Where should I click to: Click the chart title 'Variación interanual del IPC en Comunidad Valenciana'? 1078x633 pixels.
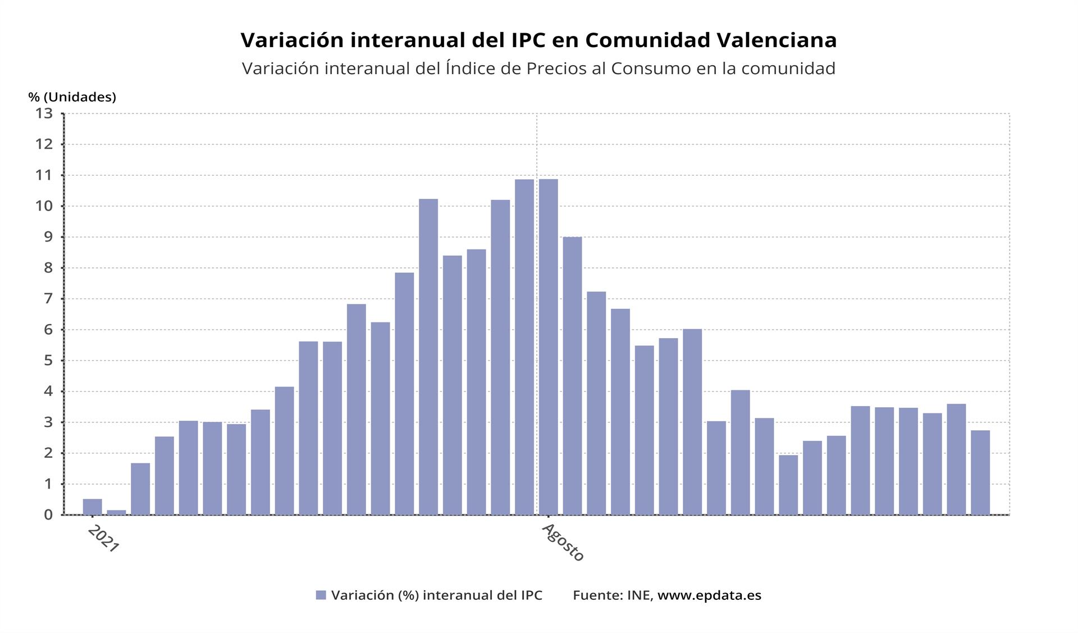pyautogui.click(x=538, y=40)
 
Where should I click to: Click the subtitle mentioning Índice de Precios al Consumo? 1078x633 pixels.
pyautogui.click(x=538, y=69)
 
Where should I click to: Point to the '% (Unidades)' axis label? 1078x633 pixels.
pyautogui.click(x=72, y=97)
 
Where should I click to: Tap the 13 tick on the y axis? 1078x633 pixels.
pyautogui.click(x=44, y=113)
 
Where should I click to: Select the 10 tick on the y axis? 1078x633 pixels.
pyautogui.click(x=44, y=206)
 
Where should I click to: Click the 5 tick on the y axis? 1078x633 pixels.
pyautogui.click(x=47, y=361)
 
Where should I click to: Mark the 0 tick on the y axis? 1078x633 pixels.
pyautogui.click(x=47, y=514)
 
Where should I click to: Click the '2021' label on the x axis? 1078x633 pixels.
pyautogui.click(x=103, y=539)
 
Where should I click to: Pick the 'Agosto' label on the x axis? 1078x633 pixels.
pyautogui.click(x=563, y=543)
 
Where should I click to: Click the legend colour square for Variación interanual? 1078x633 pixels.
pyautogui.click(x=321, y=595)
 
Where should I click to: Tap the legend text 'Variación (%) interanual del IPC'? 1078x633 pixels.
pyautogui.click(x=437, y=595)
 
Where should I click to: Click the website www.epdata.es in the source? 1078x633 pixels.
pyautogui.click(x=709, y=595)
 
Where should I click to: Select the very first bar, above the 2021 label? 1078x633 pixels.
pyautogui.click(x=92, y=507)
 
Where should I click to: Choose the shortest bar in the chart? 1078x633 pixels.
pyautogui.click(x=116, y=512)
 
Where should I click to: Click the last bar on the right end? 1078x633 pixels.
pyautogui.click(x=980, y=472)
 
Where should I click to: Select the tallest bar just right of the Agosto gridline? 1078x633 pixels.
pyautogui.click(x=549, y=347)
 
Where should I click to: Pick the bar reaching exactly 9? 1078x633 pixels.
pyautogui.click(x=572, y=376)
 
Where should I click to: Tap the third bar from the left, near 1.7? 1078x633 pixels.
pyautogui.click(x=140, y=489)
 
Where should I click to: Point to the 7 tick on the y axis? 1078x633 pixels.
pyautogui.click(x=47, y=299)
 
